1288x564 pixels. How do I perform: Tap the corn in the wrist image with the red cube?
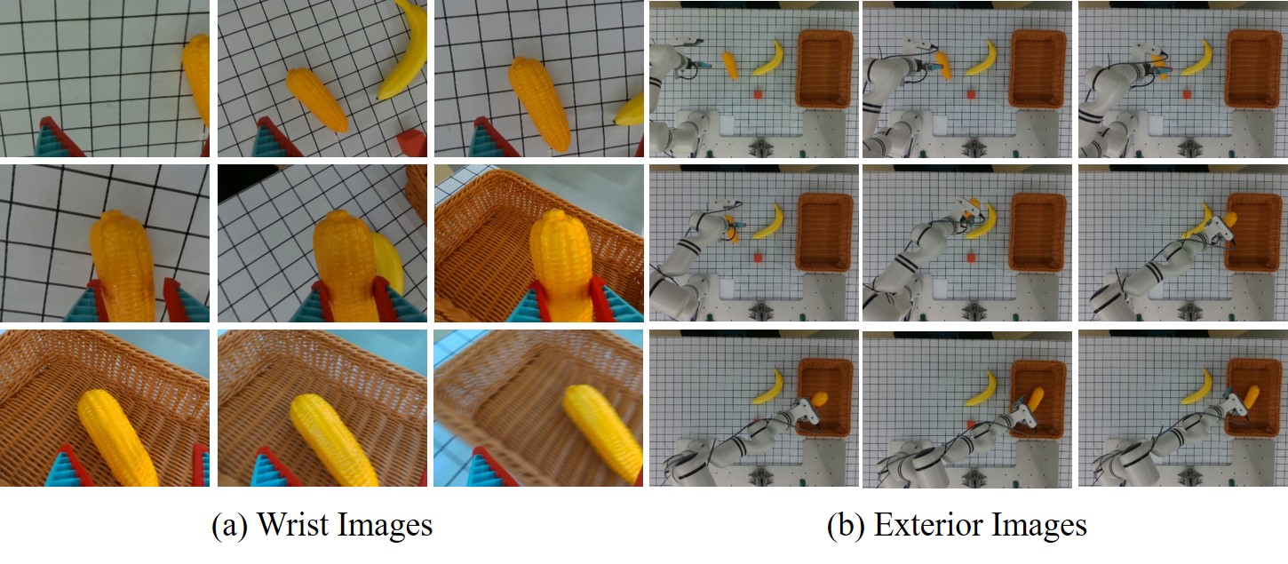317,99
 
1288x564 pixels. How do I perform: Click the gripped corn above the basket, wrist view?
561,265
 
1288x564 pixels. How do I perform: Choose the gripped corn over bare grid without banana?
122,266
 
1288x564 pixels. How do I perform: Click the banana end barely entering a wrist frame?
629,111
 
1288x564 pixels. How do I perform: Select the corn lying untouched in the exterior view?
730,65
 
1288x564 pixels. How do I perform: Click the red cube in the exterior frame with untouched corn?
758,94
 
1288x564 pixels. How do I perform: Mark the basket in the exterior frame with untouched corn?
825,69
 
